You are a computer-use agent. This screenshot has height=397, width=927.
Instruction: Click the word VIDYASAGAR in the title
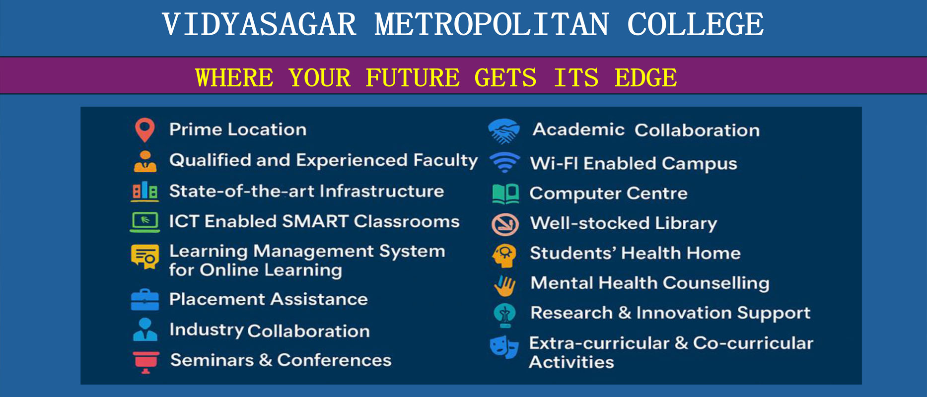point(259,25)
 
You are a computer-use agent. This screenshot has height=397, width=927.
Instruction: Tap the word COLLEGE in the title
point(695,25)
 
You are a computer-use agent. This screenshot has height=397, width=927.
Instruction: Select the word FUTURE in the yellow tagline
point(413,78)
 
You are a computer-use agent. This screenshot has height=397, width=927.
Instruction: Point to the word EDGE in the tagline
point(645,78)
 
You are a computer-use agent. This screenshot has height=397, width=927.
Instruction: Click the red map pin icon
point(144,130)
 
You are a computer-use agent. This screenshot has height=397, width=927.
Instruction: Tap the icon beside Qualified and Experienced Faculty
point(145,161)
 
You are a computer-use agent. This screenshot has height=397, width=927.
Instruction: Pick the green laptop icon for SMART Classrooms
point(145,221)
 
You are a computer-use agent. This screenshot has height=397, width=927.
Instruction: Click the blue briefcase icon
point(145,299)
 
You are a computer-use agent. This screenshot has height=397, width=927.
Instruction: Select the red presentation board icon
point(145,362)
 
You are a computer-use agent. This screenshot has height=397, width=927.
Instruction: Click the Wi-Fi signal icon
point(504,162)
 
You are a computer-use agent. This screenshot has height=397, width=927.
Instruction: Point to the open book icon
point(505,194)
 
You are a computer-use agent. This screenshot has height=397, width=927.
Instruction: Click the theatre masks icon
point(504,346)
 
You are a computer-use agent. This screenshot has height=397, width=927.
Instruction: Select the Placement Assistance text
point(269,299)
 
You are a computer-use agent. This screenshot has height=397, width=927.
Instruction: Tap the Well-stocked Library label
point(624,223)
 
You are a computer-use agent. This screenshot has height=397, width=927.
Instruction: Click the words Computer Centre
point(609,194)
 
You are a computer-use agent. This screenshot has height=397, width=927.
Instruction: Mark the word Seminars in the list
point(212,360)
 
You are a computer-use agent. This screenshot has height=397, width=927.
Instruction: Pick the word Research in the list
point(571,313)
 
